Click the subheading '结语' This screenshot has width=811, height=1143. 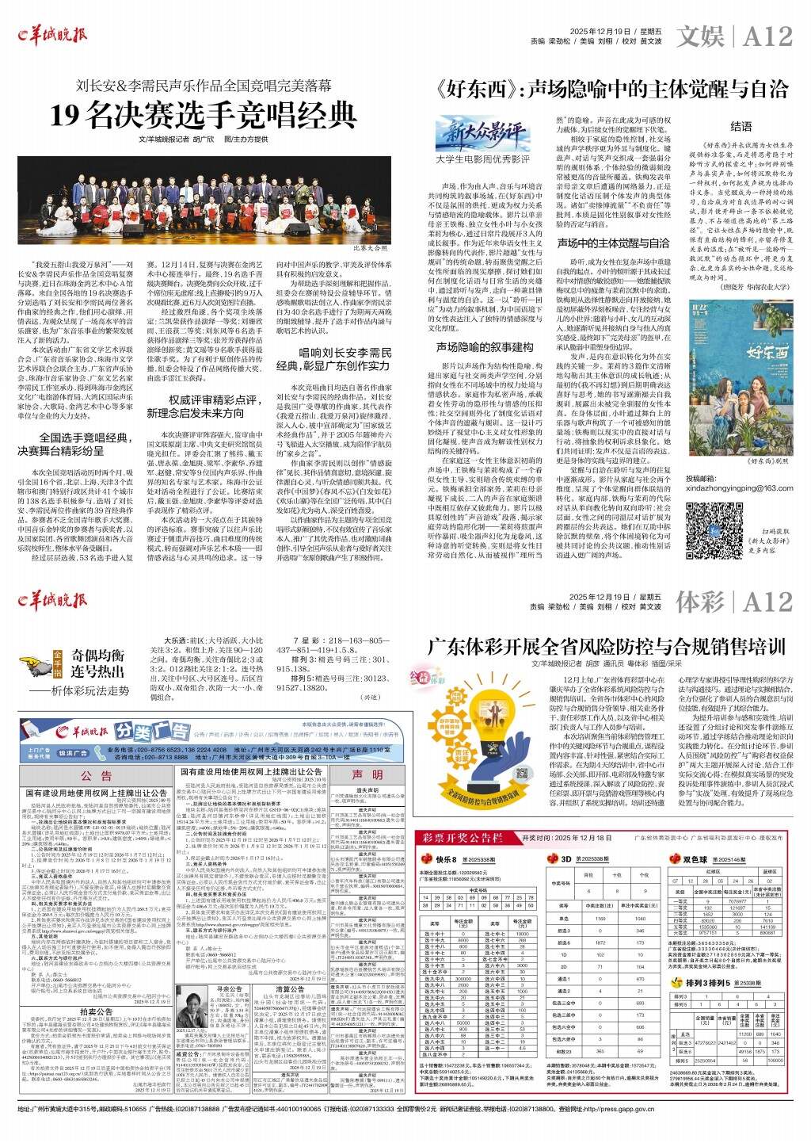pos(741,126)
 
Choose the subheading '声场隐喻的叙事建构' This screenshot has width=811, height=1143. pos(484,347)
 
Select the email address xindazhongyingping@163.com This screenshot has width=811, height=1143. pos(739,488)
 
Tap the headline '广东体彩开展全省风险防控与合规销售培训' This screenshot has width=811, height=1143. pos(607,645)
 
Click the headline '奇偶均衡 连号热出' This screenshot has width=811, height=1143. pos(98,663)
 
